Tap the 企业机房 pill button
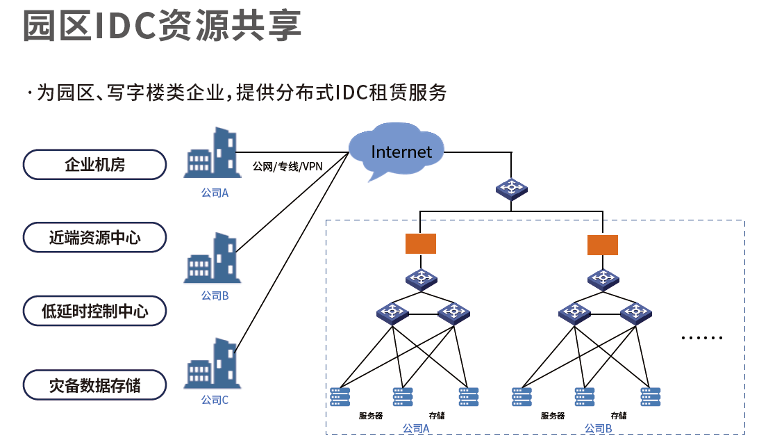95,165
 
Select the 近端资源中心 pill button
95,237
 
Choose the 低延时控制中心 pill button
95,311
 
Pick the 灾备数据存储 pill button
95,385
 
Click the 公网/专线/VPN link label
287,166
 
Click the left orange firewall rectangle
421,243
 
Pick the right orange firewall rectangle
602,245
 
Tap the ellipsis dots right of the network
702,337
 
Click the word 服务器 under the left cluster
371,416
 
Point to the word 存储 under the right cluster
619,416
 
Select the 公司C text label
215,400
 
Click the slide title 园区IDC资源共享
162,26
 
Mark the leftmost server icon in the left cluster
340,396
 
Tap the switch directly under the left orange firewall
421,278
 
